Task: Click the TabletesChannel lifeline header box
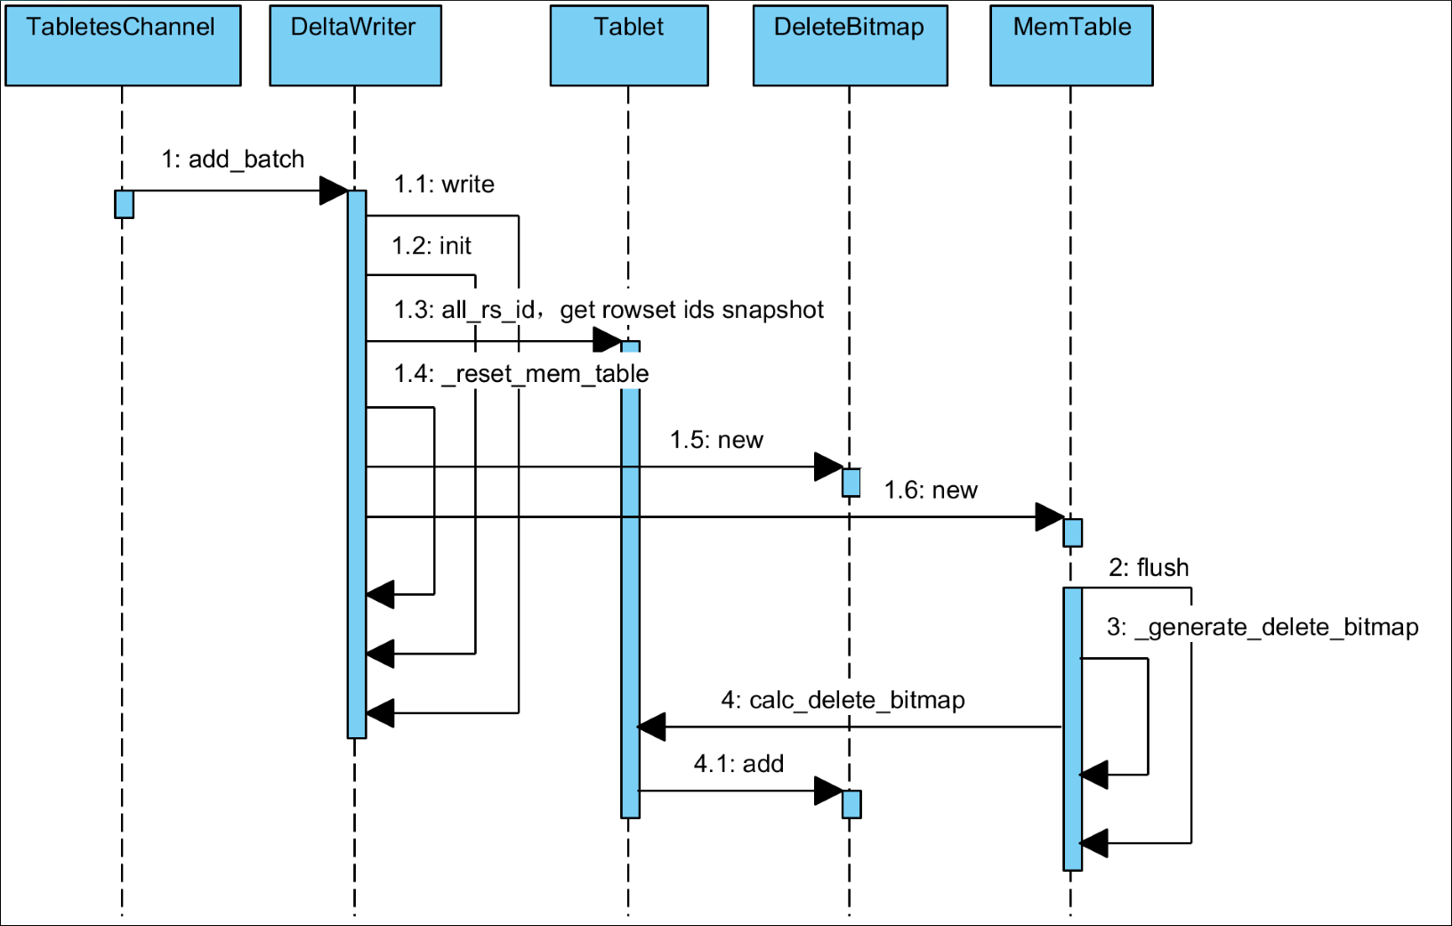tap(123, 45)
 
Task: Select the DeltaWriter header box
tap(355, 45)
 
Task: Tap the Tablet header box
tap(629, 45)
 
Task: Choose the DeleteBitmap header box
tap(850, 45)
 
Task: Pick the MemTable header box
tap(1071, 45)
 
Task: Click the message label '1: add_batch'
tap(232, 159)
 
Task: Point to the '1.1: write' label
tap(444, 184)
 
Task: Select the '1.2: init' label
tap(432, 246)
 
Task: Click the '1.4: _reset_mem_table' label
tap(521, 374)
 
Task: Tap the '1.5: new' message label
tap(716, 440)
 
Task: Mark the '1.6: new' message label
tap(931, 491)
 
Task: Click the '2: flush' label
tap(1149, 568)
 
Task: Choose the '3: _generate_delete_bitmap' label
tap(1262, 628)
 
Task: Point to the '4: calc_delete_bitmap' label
tap(843, 701)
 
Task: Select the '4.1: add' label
tap(738, 764)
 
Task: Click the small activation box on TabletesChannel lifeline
tap(125, 204)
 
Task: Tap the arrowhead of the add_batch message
tap(334, 191)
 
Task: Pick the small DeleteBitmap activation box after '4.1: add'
tap(851, 804)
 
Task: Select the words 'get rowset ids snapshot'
tap(691, 310)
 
